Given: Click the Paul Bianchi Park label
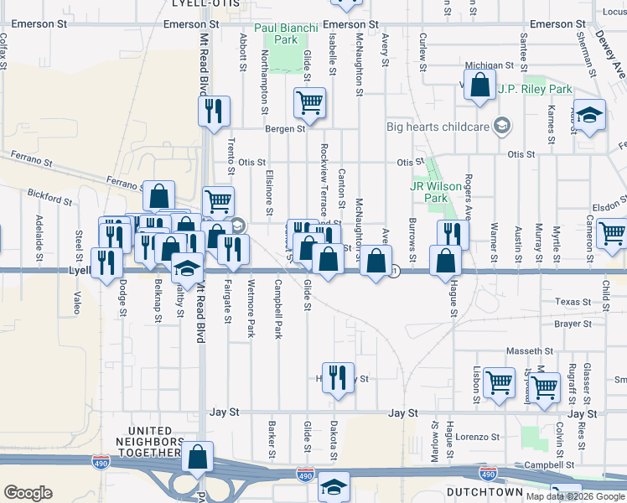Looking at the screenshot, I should pyautogui.click(x=288, y=34).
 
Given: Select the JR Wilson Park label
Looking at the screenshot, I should pyautogui.click(x=435, y=192).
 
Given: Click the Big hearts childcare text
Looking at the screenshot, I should pyautogui.click(x=437, y=127).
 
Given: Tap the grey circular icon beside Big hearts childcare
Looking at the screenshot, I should pyautogui.click(x=502, y=126).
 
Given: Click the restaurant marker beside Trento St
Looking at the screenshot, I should pyautogui.click(x=213, y=111).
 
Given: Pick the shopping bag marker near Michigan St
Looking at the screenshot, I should pyautogui.click(x=479, y=86).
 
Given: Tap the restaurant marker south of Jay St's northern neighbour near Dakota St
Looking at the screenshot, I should pyautogui.click(x=338, y=376).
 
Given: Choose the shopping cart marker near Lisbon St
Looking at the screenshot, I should pyautogui.click(x=500, y=383).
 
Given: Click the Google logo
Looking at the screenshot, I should pyautogui.click(x=28, y=493).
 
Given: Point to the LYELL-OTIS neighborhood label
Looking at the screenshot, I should pyautogui.click(x=205, y=4).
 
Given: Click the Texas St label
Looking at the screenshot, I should pyautogui.click(x=573, y=302).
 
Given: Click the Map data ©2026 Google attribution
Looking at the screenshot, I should pyautogui.click(x=576, y=496).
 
